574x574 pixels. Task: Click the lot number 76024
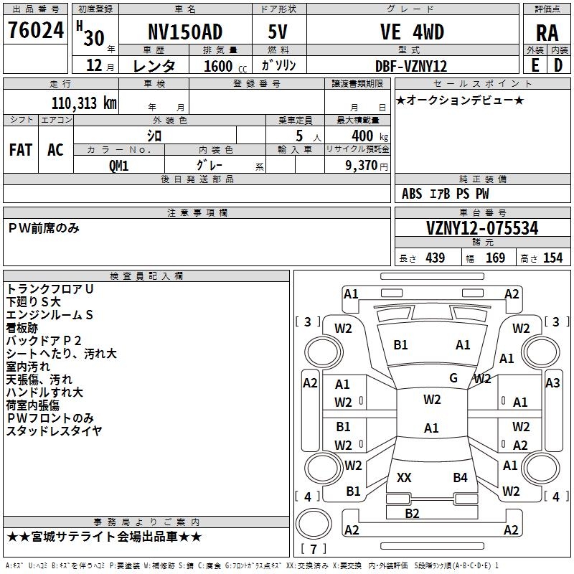[35, 32]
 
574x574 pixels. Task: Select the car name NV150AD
[184, 32]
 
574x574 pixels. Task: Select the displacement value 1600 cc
[220, 66]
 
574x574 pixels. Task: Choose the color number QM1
[118, 164]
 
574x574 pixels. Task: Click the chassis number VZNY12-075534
[482, 228]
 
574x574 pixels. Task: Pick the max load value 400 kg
[367, 136]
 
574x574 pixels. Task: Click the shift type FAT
[20, 150]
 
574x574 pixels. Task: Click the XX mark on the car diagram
[404, 477]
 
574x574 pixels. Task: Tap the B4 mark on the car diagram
[460, 477]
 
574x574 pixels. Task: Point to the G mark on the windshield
[453, 377]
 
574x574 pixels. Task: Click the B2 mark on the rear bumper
[412, 513]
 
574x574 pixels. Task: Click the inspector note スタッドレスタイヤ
[55, 431]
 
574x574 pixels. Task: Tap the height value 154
[552, 258]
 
